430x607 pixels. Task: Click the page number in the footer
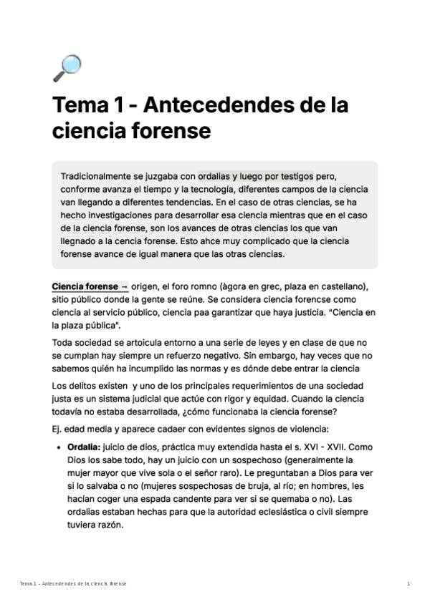click(408, 584)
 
